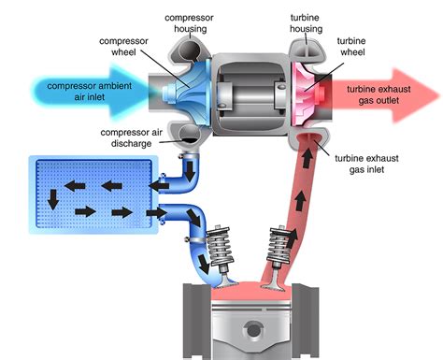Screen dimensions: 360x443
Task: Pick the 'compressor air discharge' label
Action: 134,138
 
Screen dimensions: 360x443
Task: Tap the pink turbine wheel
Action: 309,92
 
